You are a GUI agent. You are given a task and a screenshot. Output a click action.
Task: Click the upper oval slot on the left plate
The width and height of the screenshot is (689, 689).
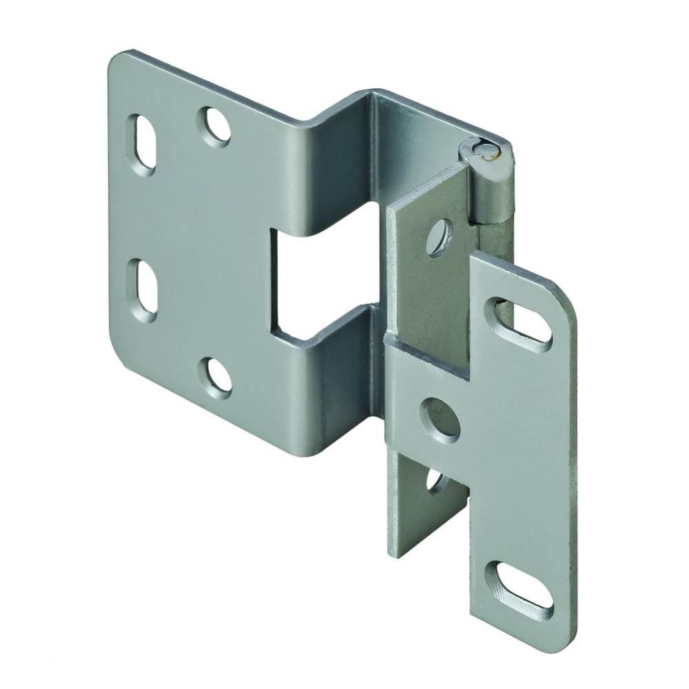click(x=143, y=143)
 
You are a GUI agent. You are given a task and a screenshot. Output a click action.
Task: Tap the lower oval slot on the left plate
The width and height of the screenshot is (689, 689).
click(x=143, y=290)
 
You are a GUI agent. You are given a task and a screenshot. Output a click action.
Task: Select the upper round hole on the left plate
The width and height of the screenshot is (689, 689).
click(x=214, y=125)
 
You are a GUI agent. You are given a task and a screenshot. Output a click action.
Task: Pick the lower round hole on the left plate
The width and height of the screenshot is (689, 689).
click(x=215, y=376)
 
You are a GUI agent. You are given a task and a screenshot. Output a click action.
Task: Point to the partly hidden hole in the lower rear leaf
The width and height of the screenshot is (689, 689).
click(x=435, y=479)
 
